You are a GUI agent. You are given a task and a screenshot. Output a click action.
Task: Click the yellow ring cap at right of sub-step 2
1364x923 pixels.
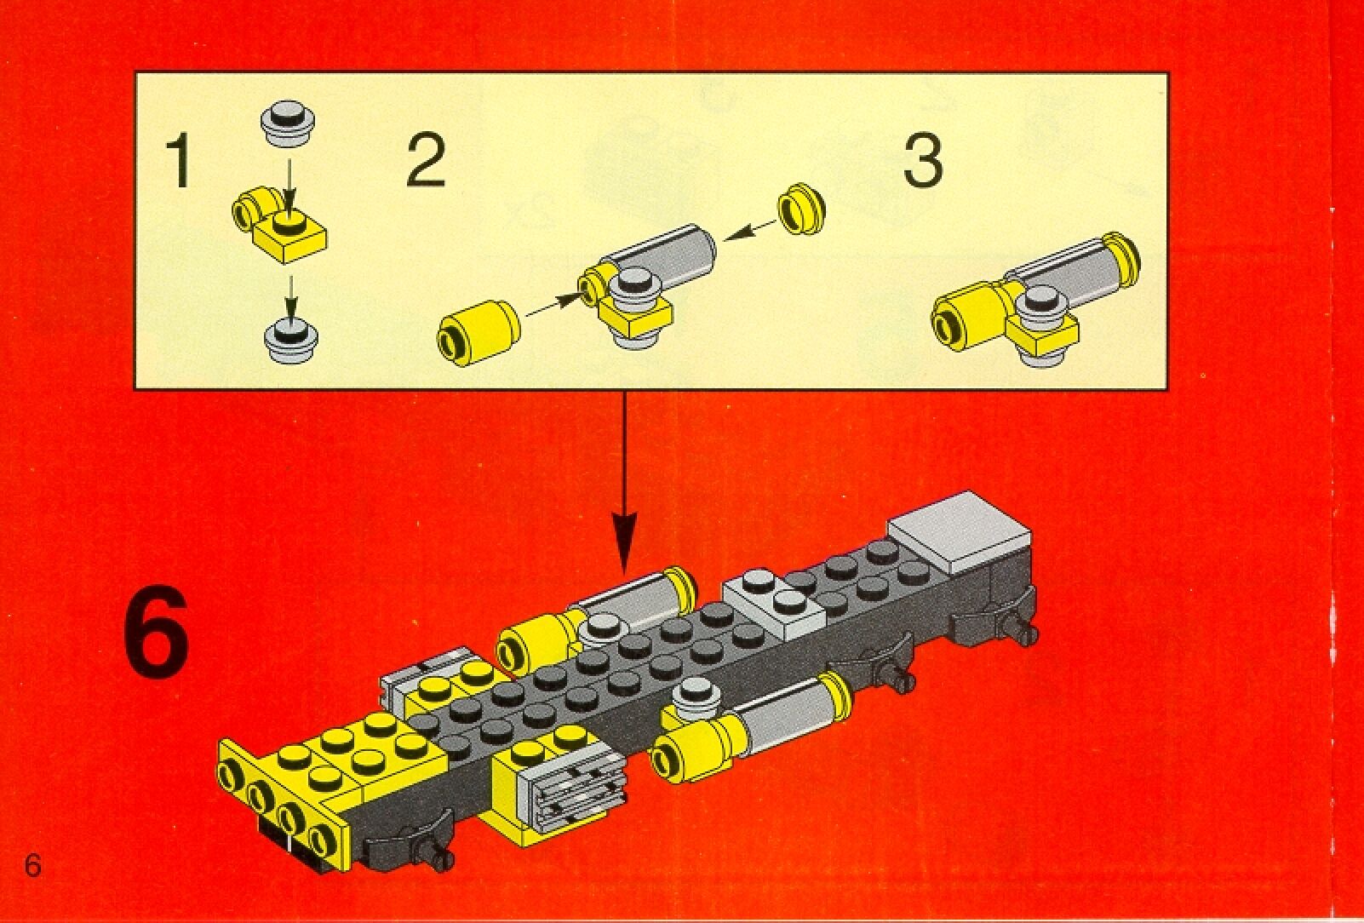(x=803, y=210)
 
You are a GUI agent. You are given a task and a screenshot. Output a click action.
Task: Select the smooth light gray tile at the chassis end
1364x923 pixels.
(x=959, y=533)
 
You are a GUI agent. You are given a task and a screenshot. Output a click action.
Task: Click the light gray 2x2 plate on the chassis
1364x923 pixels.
(x=773, y=605)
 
